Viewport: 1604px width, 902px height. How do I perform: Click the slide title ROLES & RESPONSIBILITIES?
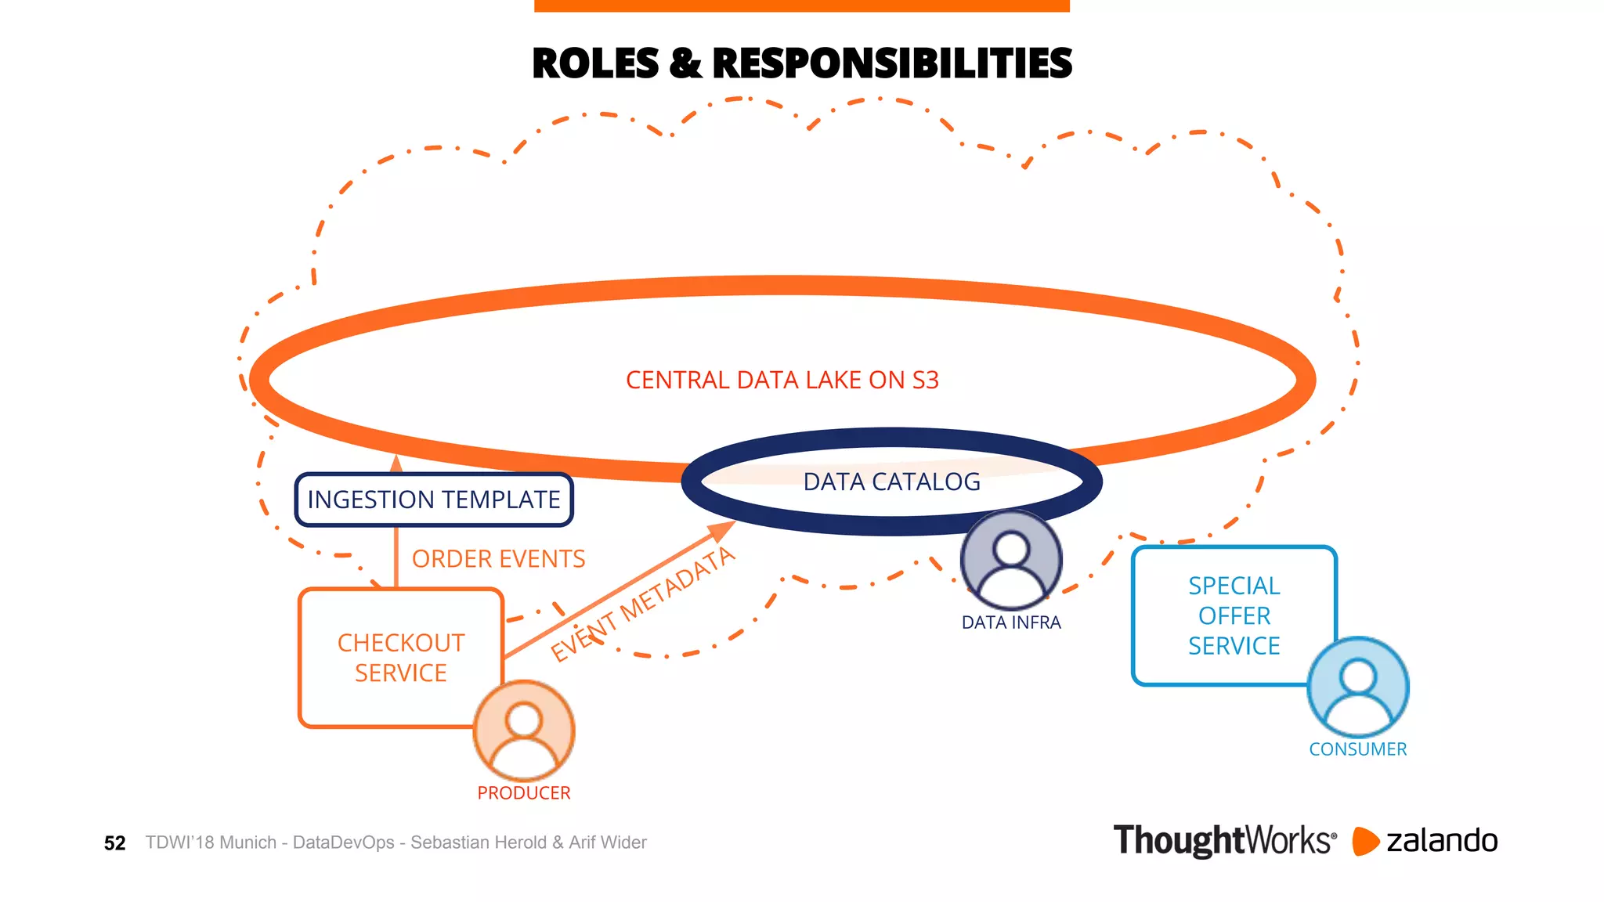pos(801,63)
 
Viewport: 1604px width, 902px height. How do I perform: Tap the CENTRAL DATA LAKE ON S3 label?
pos(782,381)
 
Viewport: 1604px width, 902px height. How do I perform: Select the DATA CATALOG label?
pos(891,482)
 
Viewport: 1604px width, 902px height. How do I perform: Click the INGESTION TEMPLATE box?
pos(434,500)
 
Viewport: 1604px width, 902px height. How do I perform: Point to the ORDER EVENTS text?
pos(498,559)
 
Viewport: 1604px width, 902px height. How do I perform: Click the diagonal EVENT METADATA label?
pos(642,604)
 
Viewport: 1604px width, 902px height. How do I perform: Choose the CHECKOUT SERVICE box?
pos(400,658)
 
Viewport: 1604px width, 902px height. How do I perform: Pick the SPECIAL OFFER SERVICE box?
pos(1234,615)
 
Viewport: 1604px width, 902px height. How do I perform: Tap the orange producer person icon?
pos(524,731)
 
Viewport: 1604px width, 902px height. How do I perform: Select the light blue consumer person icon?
pos(1358,687)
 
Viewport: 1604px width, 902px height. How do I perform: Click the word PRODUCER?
pos(524,793)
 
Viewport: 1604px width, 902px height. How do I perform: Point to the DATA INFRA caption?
pos(1011,622)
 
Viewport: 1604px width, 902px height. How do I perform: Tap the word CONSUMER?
pos(1358,749)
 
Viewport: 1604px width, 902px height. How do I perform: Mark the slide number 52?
pos(114,843)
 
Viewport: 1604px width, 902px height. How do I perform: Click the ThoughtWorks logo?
pos(1224,841)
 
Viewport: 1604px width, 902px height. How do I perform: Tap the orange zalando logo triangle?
pos(1364,841)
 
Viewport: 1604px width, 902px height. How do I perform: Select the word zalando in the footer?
pos(1442,841)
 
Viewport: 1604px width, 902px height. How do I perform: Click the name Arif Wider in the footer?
pos(608,842)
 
